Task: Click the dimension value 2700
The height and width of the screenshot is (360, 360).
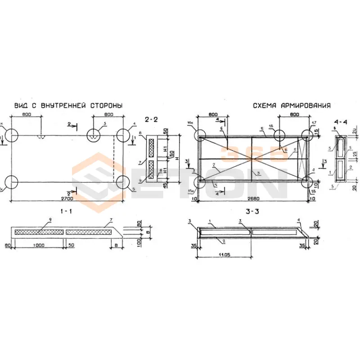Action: [x=66, y=197]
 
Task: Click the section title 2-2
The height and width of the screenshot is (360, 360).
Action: [x=151, y=119]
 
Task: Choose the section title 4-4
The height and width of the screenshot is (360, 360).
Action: [x=341, y=122]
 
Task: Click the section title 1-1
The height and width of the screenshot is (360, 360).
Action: [x=66, y=210]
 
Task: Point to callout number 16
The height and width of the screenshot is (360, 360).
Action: [x=271, y=126]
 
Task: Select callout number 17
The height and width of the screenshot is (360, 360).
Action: [x=314, y=122]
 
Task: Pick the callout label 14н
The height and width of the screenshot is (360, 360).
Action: [x=190, y=122]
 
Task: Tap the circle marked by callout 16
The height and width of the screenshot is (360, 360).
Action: [x=279, y=135]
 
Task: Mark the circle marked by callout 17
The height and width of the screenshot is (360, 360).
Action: [x=308, y=134]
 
